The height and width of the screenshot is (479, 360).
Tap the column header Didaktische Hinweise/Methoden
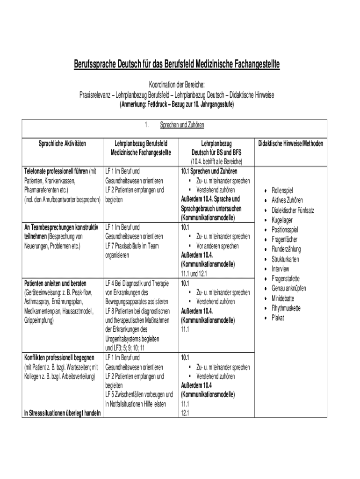(290, 143)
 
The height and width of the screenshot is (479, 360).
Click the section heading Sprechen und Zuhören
(182, 125)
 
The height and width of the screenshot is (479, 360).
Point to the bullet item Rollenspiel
(282, 190)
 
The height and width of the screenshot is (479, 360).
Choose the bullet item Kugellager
(282, 220)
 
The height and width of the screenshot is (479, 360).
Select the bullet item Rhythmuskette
(286, 308)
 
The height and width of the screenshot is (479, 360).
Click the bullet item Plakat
(278, 318)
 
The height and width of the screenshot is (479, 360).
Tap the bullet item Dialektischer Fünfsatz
(293, 210)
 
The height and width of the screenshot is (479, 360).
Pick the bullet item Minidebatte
(283, 298)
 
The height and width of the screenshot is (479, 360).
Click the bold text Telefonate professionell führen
(56, 171)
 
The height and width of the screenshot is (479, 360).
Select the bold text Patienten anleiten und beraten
(55, 283)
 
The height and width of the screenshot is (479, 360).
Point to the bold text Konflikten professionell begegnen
(58, 358)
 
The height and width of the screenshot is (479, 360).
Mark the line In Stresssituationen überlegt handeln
(62, 413)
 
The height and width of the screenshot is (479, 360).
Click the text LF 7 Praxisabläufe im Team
(133, 246)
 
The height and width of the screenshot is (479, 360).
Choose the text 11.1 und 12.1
(194, 274)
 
